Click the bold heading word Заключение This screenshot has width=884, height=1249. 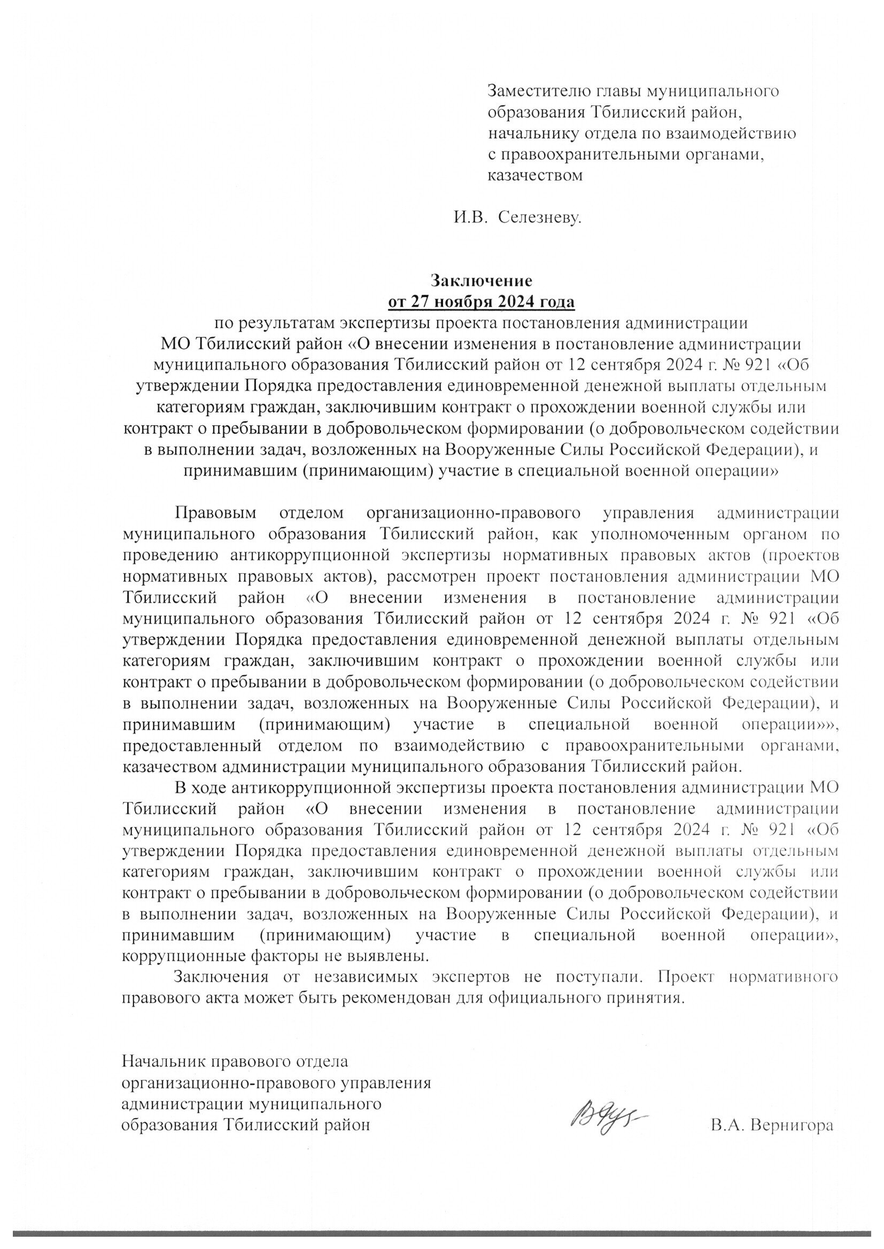481,280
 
